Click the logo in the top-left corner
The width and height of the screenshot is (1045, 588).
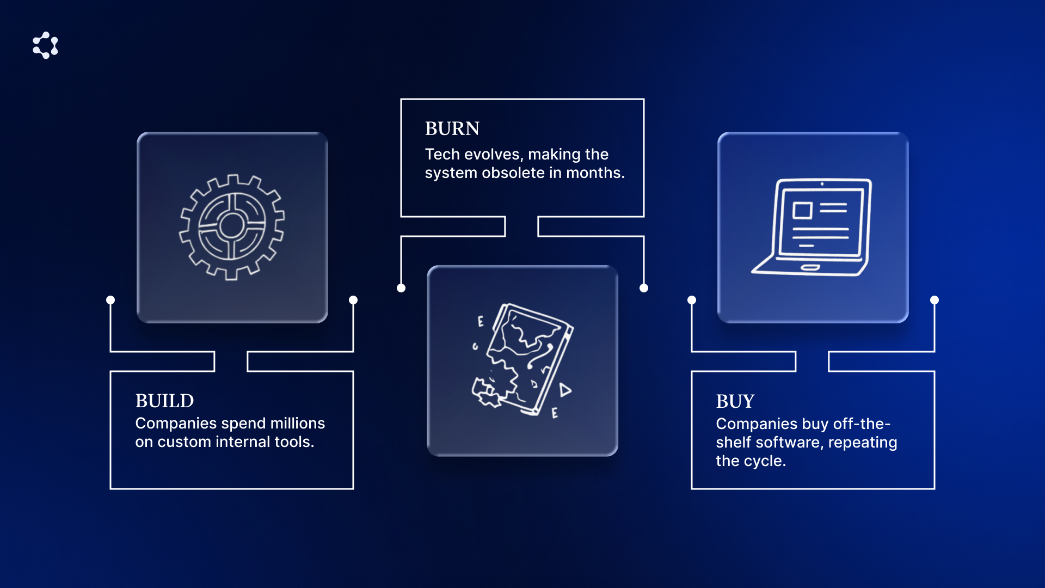pos(45,45)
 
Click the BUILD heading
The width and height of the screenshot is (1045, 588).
pos(164,401)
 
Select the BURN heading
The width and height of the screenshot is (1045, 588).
pos(452,128)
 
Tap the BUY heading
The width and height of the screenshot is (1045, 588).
pos(735,401)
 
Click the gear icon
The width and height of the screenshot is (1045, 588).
pos(232,227)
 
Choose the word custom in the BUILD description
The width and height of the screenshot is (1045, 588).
pos(184,442)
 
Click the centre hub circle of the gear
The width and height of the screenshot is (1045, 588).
pos(232,225)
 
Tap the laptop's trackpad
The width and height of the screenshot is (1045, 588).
pos(810,267)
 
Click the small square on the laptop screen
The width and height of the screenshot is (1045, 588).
pos(802,210)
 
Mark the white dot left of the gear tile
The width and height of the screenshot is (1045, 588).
pos(110,300)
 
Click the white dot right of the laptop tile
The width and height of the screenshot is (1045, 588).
pos(935,300)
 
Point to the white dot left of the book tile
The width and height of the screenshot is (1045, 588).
pos(401,288)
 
